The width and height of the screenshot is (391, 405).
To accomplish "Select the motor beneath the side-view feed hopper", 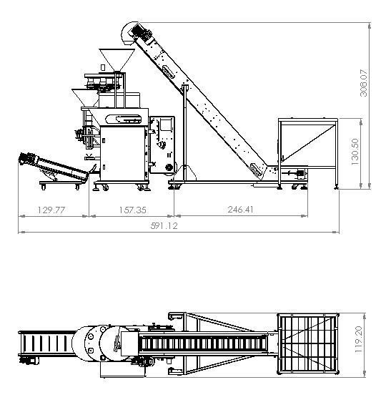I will coord(297,173).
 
